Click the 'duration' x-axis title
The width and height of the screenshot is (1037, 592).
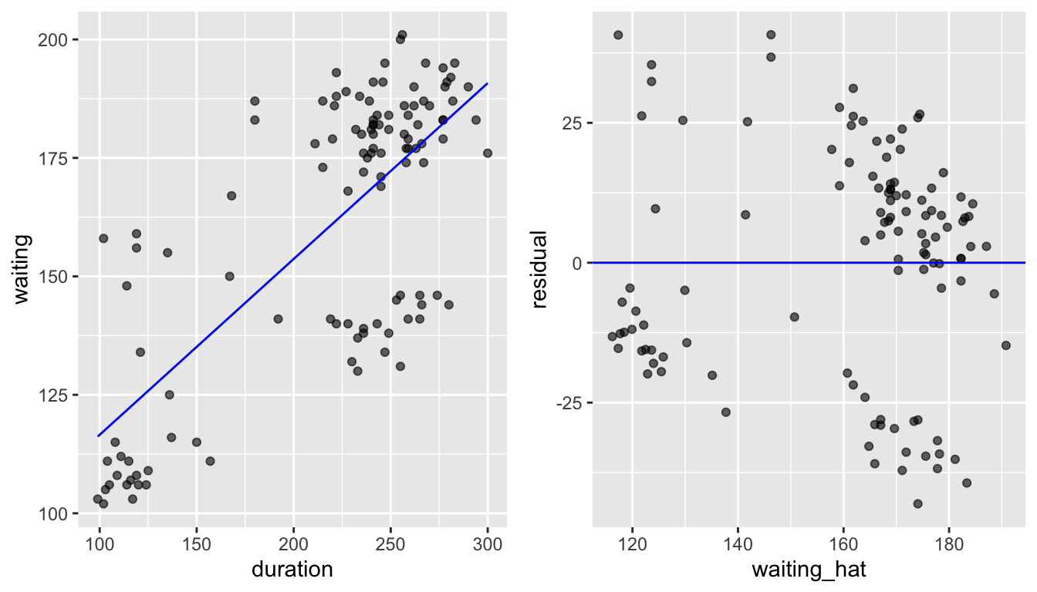tap(292, 570)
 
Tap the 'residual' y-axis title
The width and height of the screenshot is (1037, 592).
tap(539, 269)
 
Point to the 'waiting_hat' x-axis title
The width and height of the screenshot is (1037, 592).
tap(808, 570)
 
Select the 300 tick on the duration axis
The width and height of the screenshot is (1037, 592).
tap(487, 543)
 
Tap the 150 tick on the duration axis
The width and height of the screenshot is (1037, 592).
tap(196, 543)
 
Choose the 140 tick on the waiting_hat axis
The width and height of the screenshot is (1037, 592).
tap(738, 543)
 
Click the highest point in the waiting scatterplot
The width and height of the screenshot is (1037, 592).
tap(402, 35)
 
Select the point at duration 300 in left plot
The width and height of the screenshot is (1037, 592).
tap(487, 153)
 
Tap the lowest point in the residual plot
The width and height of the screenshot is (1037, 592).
tap(917, 503)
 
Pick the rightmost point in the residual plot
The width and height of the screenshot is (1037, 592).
tap(1005, 345)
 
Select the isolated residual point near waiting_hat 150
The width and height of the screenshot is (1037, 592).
tap(794, 317)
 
